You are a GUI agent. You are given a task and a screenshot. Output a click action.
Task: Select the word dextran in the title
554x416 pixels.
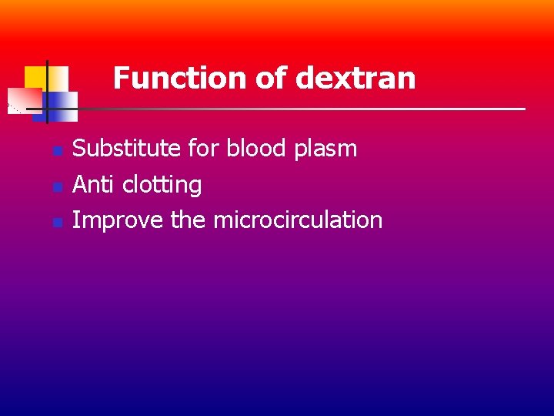pyautogui.click(x=355, y=78)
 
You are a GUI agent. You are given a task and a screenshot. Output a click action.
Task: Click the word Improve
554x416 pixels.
pyautogui.click(x=118, y=220)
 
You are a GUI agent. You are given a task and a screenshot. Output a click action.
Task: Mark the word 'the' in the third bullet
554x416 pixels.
pyautogui.click(x=189, y=220)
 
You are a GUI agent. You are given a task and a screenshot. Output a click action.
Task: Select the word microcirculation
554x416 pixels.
pyautogui.click(x=298, y=220)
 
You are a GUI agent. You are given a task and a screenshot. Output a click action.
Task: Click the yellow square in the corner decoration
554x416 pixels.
pyautogui.click(x=35, y=76)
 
